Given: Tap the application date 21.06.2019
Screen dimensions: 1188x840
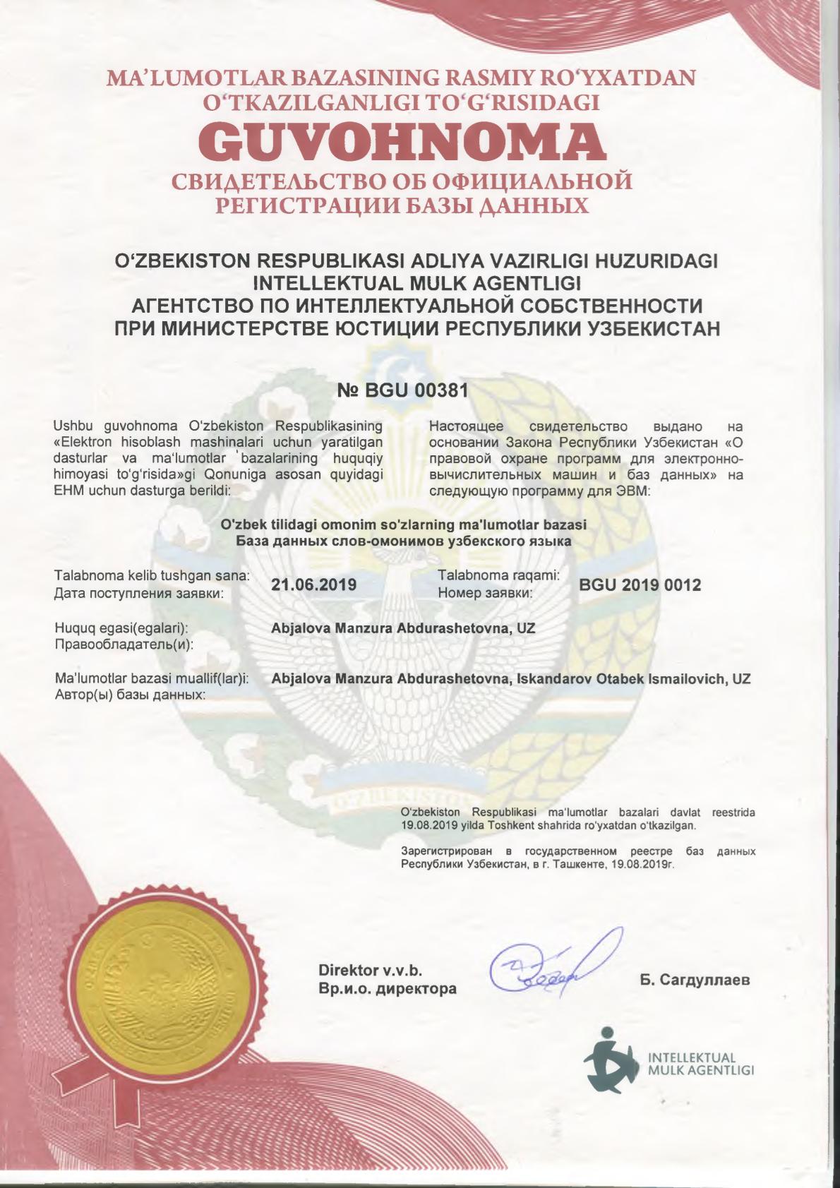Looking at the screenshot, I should [x=314, y=584].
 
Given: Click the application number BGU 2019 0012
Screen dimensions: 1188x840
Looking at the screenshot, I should [x=640, y=584].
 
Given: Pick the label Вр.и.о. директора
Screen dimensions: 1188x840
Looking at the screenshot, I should [x=388, y=989].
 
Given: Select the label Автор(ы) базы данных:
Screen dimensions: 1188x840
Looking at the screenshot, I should [x=130, y=695].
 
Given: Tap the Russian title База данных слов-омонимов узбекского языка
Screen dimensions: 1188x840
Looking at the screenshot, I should [x=403, y=541].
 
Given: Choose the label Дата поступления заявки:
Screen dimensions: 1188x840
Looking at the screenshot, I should [x=139, y=593].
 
